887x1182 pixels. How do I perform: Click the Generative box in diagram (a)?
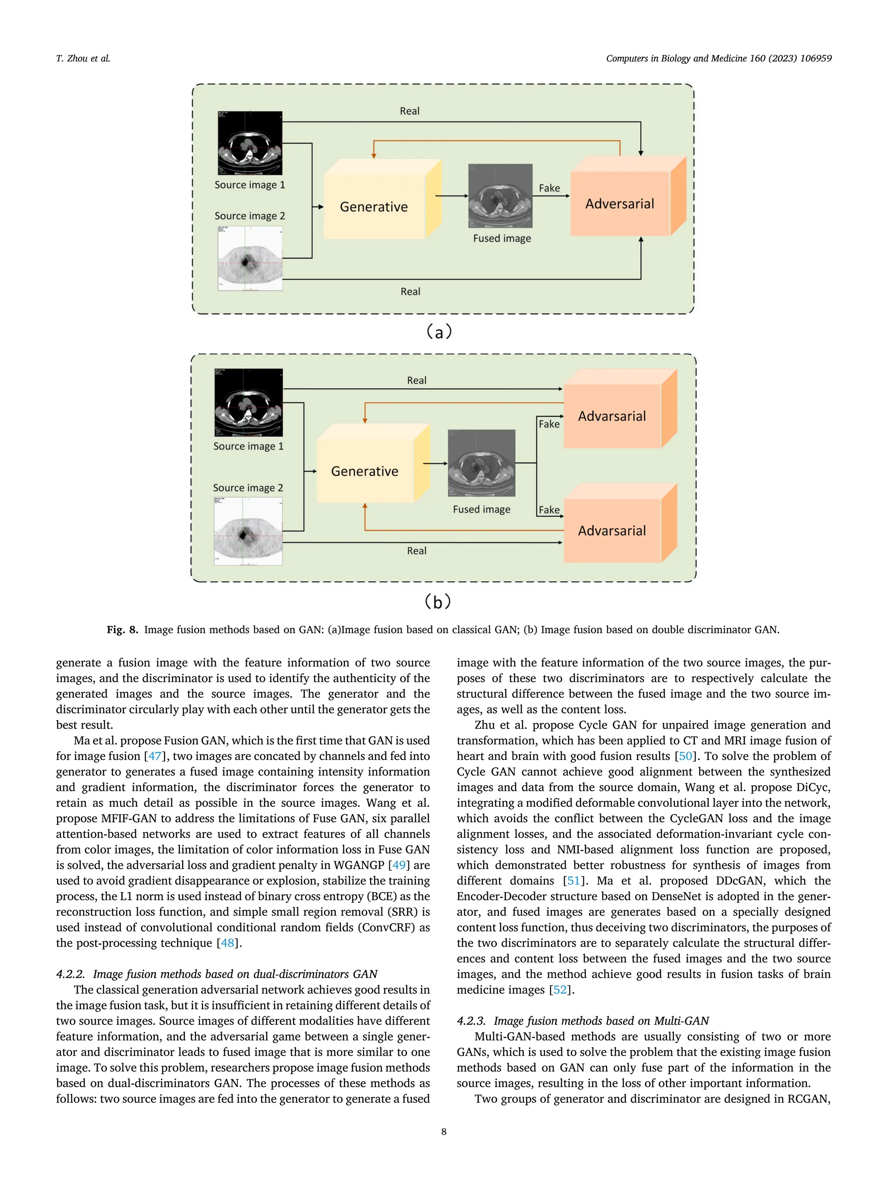click(374, 207)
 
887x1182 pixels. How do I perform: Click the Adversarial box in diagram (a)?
click(620, 203)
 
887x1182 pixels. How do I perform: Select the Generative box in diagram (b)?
click(365, 471)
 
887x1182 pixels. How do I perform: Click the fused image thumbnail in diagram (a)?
click(500, 196)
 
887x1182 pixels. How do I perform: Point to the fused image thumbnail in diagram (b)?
click(482, 463)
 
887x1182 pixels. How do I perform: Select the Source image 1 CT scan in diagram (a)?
click(250, 143)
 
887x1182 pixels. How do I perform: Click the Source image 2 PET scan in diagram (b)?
click(248, 531)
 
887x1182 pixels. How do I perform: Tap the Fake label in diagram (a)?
click(549, 188)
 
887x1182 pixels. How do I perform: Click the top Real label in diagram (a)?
click(410, 111)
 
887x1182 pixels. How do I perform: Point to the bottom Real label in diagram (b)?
click(417, 551)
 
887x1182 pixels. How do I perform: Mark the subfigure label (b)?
click(438, 602)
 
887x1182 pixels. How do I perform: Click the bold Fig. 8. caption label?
click(123, 629)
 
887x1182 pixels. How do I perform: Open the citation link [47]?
click(155, 756)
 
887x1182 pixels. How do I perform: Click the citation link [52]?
click(560, 990)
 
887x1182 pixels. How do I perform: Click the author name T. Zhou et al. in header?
click(83, 58)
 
